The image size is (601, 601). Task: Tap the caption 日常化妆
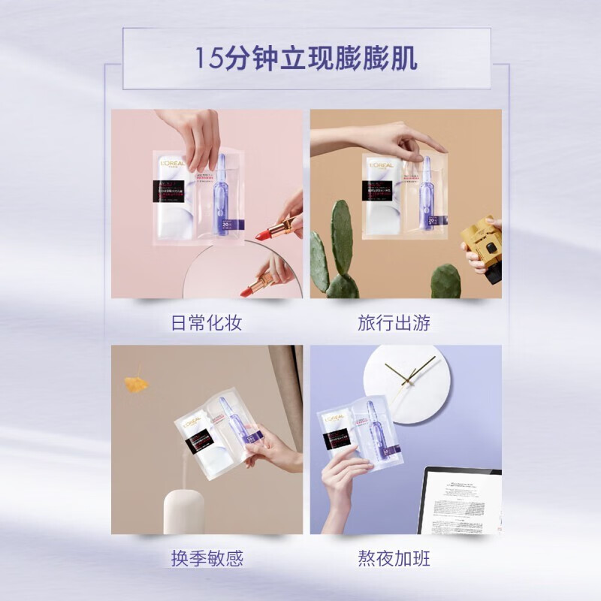point(206,324)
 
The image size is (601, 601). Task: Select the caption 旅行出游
point(394,324)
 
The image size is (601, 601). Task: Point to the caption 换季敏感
point(206,559)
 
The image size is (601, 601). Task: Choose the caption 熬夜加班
point(394,559)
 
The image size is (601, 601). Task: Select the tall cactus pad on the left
point(342,237)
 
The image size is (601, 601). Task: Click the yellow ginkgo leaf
point(136,383)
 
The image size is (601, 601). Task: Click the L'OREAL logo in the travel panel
point(384,163)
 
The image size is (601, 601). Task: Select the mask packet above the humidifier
point(218,439)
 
